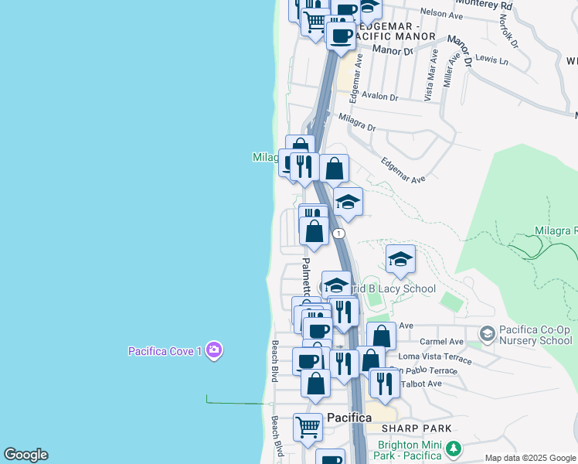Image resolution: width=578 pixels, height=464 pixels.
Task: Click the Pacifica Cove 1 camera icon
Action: pyautogui.click(x=214, y=351)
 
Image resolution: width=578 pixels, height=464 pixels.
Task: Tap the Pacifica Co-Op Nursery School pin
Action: pyautogui.click(x=487, y=334)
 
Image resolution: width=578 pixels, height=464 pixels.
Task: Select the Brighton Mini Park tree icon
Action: pyautogui.click(x=454, y=449)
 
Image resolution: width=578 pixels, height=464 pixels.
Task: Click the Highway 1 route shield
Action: pyautogui.click(x=338, y=233)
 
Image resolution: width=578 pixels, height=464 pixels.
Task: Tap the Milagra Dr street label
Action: pyautogui.click(x=356, y=122)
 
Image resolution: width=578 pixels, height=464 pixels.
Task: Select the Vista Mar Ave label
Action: pyautogui.click(x=430, y=75)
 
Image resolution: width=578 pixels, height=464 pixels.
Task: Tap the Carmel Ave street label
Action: pyautogui.click(x=440, y=341)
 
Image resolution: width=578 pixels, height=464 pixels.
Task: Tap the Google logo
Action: pyautogui.click(x=25, y=455)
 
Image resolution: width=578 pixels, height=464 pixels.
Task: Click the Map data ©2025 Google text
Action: pyautogui.click(x=530, y=458)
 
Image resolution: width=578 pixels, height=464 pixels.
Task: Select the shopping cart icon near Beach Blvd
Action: pyautogui.click(x=308, y=426)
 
